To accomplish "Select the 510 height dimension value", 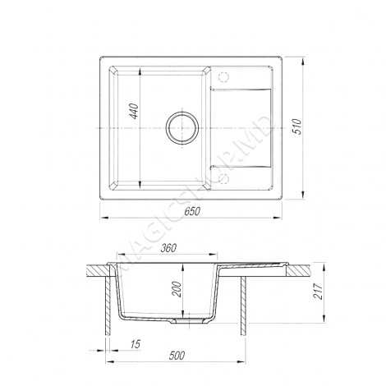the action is (296, 126).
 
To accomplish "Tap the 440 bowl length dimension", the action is (134, 111).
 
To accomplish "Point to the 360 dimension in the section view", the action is (168, 248).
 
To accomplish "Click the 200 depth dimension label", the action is (177, 289).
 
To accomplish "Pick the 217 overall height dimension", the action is (317, 292).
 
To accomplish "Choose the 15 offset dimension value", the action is (136, 344).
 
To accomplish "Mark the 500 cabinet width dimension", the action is (177, 355).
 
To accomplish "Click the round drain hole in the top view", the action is (182, 127).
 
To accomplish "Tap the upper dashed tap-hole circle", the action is (223, 76).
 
